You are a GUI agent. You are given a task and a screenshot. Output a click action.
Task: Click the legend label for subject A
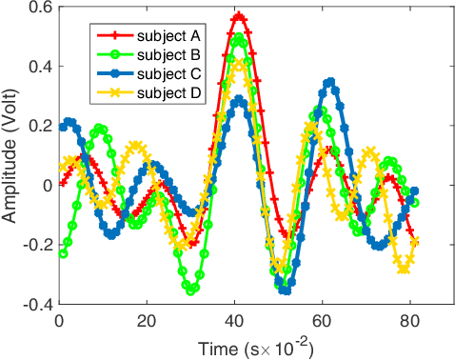[168, 35]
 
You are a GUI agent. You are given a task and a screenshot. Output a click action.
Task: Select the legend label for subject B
[168, 53]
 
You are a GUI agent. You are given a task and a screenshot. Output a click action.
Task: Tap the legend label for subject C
[168, 72]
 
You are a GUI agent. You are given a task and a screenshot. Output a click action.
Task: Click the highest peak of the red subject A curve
[240, 16]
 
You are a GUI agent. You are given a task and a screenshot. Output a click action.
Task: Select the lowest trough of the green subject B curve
[191, 290]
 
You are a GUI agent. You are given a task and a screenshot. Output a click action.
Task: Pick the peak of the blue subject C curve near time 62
[330, 82]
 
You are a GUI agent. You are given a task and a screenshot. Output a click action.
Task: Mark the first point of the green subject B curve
[63, 253]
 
